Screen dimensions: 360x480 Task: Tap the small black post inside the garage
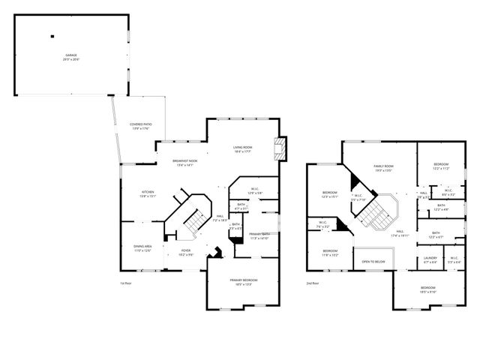pyautogui.click(x=52, y=35)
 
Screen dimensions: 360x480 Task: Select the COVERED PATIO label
pyautogui.click(x=140, y=126)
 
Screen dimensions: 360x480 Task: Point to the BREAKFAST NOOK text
pyautogui.click(x=184, y=163)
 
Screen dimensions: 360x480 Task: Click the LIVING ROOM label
pyautogui.click(x=241, y=148)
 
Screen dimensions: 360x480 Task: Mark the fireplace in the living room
pyautogui.click(x=280, y=148)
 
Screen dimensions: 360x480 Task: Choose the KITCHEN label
pyautogui.click(x=148, y=194)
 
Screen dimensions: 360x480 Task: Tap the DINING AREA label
pyautogui.click(x=142, y=248)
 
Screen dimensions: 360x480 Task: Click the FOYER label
pyautogui.click(x=185, y=253)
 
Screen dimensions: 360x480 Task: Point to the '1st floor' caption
pyautogui.click(x=125, y=283)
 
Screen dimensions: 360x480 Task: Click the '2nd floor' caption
pyautogui.click(x=313, y=283)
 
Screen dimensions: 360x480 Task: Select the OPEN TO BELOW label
pyautogui.click(x=373, y=262)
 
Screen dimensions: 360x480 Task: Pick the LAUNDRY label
pyautogui.click(x=430, y=259)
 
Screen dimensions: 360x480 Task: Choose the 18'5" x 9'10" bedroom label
pyautogui.click(x=427, y=289)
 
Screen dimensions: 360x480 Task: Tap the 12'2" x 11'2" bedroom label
pyautogui.click(x=441, y=166)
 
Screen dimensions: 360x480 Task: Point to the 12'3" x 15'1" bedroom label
pyautogui.click(x=330, y=194)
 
